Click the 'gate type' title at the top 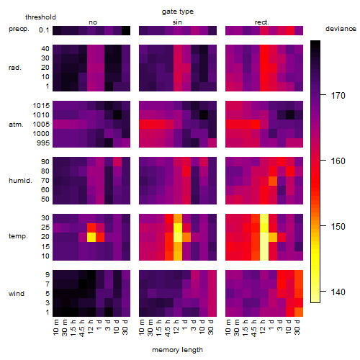(x=178, y=12)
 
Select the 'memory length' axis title (x=177, y=350)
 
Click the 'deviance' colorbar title (x=341, y=29)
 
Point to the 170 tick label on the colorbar (x=338, y=96)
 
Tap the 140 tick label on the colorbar (x=338, y=292)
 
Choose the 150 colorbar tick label (x=338, y=227)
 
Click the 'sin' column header (x=177, y=22)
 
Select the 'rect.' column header (x=262, y=22)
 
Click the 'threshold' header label (x=40, y=17)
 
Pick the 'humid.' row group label (x=20, y=181)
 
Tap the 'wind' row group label (x=17, y=294)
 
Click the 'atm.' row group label (x=16, y=125)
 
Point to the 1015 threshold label (x=41, y=106)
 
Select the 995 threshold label (x=43, y=143)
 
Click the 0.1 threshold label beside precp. (x=44, y=30)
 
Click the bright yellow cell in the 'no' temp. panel (x=91, y=237)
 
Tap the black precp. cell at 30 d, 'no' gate (x=126, y=31)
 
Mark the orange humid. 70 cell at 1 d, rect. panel (x=273, y=181)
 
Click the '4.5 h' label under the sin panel (x=168, y=328)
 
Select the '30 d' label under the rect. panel (x=297, y=328)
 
